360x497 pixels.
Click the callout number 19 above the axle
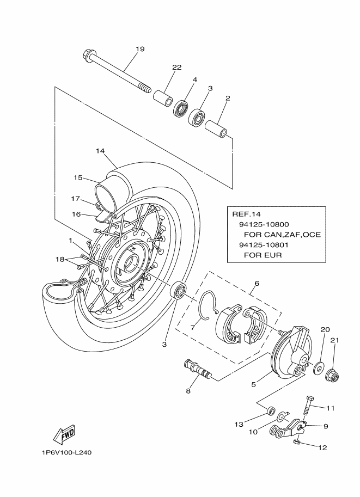(x=140, y=49)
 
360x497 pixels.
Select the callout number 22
(x=176, y=68)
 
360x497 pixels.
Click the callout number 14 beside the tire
(x=100, y=151)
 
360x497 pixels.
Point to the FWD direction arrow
(x=64, y=434)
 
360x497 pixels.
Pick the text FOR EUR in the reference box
(x=263, y=255)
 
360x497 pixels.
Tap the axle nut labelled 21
(x=333, y=375)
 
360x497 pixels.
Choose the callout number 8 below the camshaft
(x=188, y=391)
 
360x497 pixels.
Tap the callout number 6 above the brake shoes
(x=256, y=284)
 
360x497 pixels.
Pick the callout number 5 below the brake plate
(x=254, y=384)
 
